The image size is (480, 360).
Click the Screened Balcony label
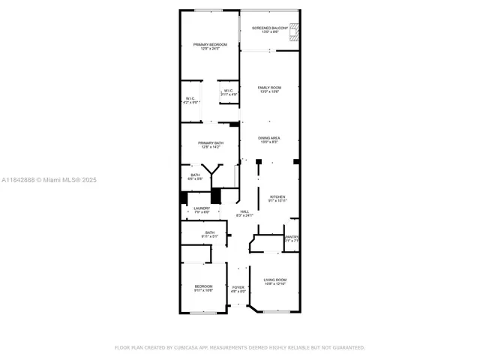click(x=269, y=29)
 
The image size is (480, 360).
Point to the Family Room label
click(x=269, y=89)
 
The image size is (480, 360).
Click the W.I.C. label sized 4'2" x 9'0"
click(x=190, y=100)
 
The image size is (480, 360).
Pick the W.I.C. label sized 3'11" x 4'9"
click(x=229, y=93)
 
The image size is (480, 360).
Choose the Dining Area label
click(x=269, y=139)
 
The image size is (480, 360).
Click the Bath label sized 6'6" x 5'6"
click(x=194, y=177)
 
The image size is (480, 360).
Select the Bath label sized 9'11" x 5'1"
click(x=209, y=234)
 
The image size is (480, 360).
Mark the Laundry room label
click(x=202, y=210)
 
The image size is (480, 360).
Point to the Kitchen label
click(x=277, y=199)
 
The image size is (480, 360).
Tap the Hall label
click(x=244, y=214)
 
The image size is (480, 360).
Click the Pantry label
click(x=292, y=238)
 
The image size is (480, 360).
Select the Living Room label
click(x=274, y=281)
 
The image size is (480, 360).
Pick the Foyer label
click(x=238, y=289)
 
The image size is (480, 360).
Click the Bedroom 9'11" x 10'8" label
click(x=204, y=288)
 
